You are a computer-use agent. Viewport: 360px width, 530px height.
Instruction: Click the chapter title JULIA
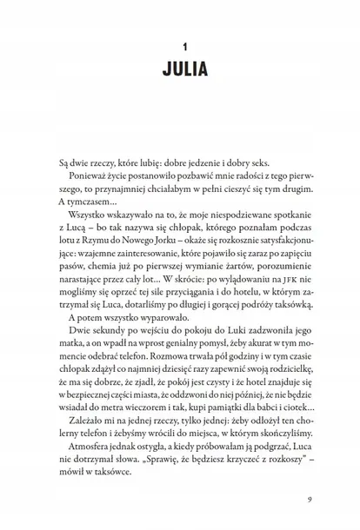pyautogui.click(x=180, y=70)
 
